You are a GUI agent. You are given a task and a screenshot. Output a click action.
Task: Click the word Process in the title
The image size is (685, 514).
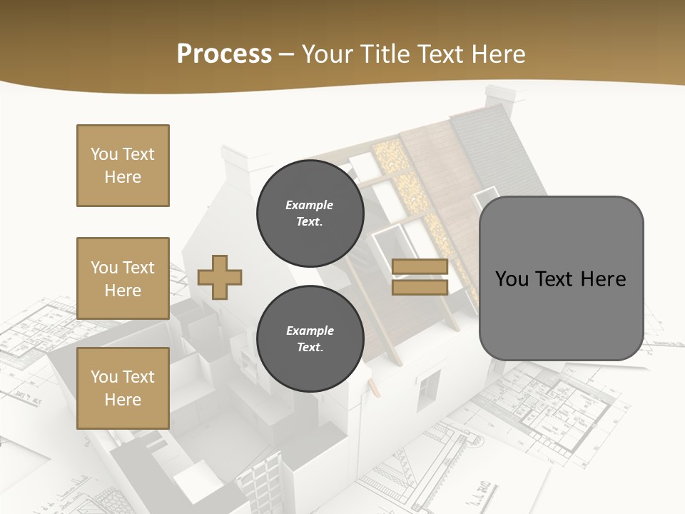pos(224,54)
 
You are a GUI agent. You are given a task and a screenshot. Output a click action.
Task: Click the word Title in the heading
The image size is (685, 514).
pos(383,54)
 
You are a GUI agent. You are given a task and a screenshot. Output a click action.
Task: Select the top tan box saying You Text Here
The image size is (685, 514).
pos(123,166)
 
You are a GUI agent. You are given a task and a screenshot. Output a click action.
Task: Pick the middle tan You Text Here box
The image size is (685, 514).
pos(123,278)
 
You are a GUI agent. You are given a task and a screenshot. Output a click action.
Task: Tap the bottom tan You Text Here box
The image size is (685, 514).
pos(123,388)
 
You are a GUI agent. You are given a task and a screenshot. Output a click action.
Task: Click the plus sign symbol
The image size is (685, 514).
pos(220,277)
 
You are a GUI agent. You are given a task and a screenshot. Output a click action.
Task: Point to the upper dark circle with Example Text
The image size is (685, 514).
pos(310,213)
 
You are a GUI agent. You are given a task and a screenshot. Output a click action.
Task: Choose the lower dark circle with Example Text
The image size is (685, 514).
pos(310,338)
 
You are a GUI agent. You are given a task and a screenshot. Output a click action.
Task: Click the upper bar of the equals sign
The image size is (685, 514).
pos(420,267)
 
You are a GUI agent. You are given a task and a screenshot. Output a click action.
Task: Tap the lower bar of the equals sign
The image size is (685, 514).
pos(420,287)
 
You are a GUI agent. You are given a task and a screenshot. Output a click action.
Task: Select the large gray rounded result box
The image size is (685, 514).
pos(561,278)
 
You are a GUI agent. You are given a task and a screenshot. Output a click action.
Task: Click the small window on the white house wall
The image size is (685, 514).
pos(428,389)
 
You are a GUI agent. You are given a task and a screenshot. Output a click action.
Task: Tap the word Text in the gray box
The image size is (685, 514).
pos(557,279)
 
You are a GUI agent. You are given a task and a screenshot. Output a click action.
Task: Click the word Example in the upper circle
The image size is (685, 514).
pos(310,205)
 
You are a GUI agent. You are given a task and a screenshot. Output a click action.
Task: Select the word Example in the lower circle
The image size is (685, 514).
pos(310,331)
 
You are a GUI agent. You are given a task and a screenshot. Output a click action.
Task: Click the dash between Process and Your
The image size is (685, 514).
pos(287,54)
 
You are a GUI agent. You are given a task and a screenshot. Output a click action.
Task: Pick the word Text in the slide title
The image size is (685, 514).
pos(442,54)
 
